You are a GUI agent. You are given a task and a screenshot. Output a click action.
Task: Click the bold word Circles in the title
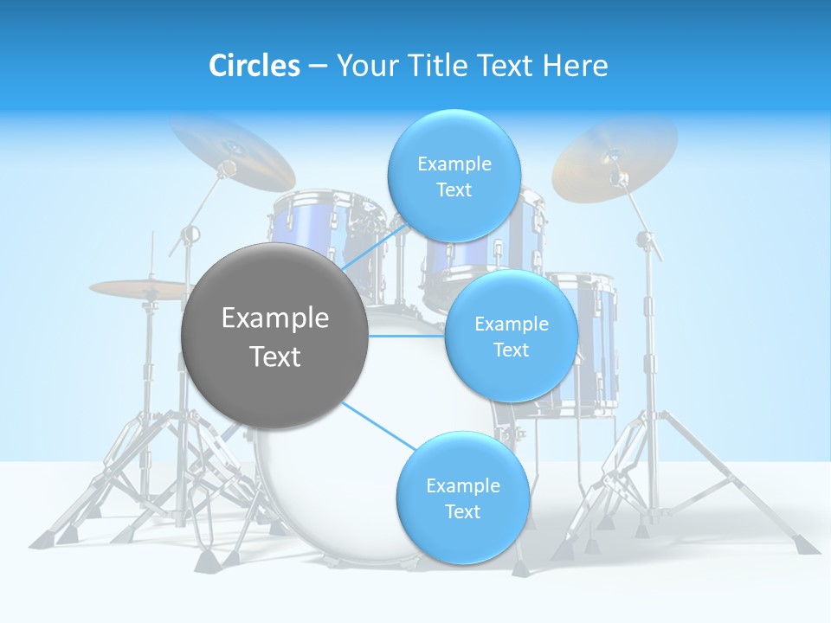(x=254, y=66)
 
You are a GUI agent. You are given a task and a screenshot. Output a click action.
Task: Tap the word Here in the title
(x=575, y=66)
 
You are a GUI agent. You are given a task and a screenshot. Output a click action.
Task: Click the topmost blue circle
(x=454, y=176)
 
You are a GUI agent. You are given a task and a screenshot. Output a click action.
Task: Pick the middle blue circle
(x=511, y=336)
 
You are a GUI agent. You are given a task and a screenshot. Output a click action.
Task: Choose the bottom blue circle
(x=462, y=498)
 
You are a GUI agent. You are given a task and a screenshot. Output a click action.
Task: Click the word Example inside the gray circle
(x=275, y=318)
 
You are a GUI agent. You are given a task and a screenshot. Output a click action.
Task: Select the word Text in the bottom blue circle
(x=462, y=511)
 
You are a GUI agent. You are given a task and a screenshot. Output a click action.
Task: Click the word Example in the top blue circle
(x=454, y=164)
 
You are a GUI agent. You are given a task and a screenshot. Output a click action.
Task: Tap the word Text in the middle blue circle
(x=511, y=350)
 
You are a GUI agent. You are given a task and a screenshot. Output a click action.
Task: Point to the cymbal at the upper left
(x=232, y=152)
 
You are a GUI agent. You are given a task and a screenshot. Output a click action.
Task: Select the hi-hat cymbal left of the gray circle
(x=138, y=288)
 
